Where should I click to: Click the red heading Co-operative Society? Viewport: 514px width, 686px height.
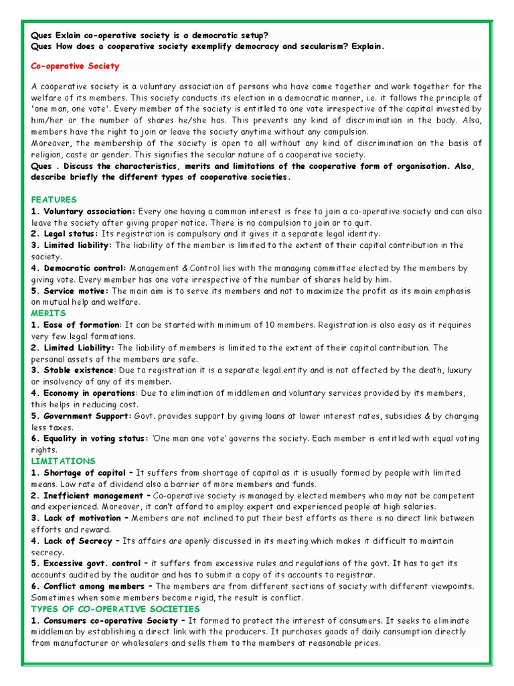tap(76, 66)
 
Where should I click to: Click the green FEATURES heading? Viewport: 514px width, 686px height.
tap(54, 200)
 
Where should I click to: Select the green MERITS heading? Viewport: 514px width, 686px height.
tap(49, 313)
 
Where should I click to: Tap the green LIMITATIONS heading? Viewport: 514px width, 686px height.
tap(64, 461)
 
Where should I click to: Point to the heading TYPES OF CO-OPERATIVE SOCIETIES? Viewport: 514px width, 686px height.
tap(116, 609)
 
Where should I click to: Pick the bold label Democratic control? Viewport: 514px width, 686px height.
tap(84, 268)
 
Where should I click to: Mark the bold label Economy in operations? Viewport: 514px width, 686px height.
tap(88, 393)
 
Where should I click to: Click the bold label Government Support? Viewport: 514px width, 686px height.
tap(86, 416)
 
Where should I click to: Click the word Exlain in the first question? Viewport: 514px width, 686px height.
tap(70, 35)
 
